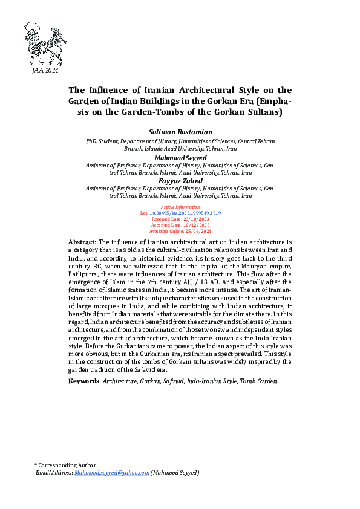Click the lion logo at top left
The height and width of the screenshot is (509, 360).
44,44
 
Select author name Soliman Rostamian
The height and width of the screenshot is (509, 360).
180,131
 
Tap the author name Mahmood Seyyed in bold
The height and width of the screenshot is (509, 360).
180,157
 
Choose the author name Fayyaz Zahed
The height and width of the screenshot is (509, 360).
180,181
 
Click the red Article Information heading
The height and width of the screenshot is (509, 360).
180,207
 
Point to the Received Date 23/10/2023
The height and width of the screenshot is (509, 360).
180,219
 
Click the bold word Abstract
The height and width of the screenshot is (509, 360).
82,242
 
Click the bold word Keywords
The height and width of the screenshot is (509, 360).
83,381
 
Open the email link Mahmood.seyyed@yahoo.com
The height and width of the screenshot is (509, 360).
112,473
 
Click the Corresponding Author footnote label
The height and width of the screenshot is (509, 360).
67,465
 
